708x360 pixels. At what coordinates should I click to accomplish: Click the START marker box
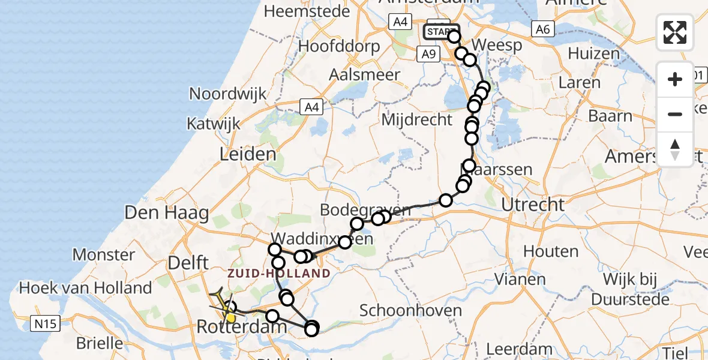tap(440, 31)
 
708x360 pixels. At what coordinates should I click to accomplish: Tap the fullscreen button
tap(675, 32)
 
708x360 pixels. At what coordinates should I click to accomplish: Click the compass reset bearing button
tap(675, 149)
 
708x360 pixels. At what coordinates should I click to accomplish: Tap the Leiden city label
tap(248, 154)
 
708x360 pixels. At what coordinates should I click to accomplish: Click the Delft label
tap(188, 262)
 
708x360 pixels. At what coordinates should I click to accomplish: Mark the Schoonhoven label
tap(410, 310)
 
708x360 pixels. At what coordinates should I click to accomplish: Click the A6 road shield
tap(542, 29)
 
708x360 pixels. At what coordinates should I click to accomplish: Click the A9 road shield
tap(427, 54)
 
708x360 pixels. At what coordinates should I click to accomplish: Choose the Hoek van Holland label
tap(85, 287)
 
